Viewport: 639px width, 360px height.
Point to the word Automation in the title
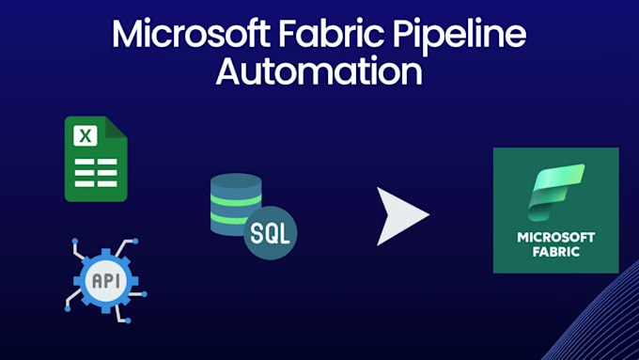coord(319,71)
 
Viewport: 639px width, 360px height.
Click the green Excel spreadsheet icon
coord(95,159)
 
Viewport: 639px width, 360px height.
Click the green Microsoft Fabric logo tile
coord(555,211)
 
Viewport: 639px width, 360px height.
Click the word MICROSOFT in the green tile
coord(555,237)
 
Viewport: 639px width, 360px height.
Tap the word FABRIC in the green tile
coord(555,252)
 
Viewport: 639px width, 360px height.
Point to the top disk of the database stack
coord(235,182)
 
